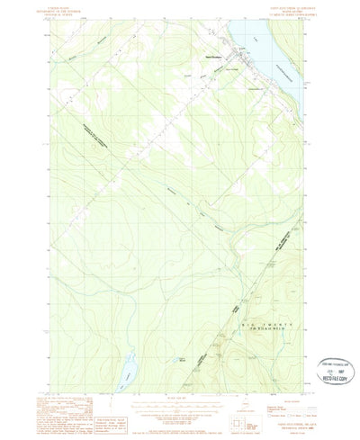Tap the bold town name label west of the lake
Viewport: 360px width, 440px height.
[209, 60]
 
